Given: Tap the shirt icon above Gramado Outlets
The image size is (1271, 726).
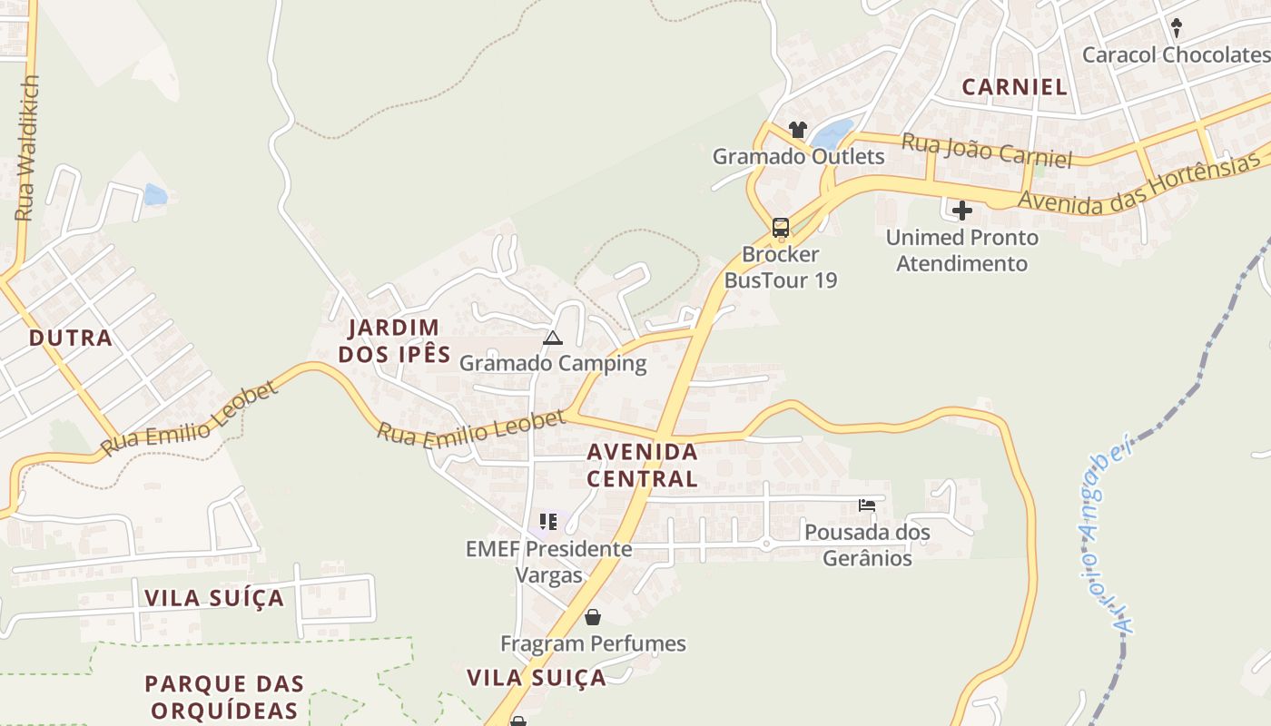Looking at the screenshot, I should pos(798,130).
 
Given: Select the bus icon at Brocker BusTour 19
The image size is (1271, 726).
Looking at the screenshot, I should pos(781,227).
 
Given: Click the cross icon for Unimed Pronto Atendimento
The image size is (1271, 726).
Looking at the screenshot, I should pos(962,211).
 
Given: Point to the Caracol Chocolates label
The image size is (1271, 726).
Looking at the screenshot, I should pos(1175,54).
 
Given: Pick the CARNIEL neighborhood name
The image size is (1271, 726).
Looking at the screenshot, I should pos(1014,87).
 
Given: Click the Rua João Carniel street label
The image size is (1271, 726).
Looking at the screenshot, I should pos(987,151).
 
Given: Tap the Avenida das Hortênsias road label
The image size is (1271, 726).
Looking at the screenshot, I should pos(1140,183).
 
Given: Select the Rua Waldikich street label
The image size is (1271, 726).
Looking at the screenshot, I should pos(26,148).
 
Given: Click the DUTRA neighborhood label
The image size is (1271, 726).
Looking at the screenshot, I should pos(71,338).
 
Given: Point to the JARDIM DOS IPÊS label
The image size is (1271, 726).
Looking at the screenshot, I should pos(395,340).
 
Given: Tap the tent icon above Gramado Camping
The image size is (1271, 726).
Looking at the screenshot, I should pos(552,338).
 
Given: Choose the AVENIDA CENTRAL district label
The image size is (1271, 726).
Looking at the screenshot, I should pos(642,465).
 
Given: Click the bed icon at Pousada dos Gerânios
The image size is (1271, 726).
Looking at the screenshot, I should pos(867,505).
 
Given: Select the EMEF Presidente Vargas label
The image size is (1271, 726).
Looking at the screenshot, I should pos(548,561).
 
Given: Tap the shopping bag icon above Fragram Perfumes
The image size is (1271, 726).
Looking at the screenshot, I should pos(593,618).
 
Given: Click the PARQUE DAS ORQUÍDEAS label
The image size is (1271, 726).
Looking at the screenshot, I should pos(224,696).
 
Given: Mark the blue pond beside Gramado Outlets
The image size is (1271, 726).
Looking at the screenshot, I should pos(833,134).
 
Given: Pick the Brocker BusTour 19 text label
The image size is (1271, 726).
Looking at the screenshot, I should pos(781,267).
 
